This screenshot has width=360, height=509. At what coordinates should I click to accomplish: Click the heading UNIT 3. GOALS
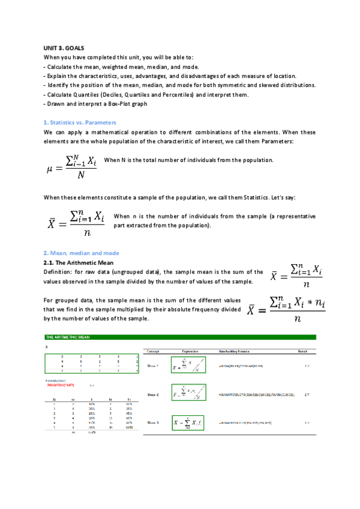(x=64, y=47)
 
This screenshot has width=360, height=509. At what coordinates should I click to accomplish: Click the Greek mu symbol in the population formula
(x=50, y=169)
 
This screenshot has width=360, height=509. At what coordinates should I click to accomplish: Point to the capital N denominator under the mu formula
(x=80, y=176)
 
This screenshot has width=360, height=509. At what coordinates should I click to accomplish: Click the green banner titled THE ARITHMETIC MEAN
(x=180, y=337)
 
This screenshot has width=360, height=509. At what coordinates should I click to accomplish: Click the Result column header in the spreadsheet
(x=302, y=351)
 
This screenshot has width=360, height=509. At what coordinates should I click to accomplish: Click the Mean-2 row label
(x=152, y=394)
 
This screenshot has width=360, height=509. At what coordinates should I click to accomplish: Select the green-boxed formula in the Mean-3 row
(x=191, y=423)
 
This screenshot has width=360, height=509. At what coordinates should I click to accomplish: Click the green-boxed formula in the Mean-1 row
(x=191, y=366)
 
